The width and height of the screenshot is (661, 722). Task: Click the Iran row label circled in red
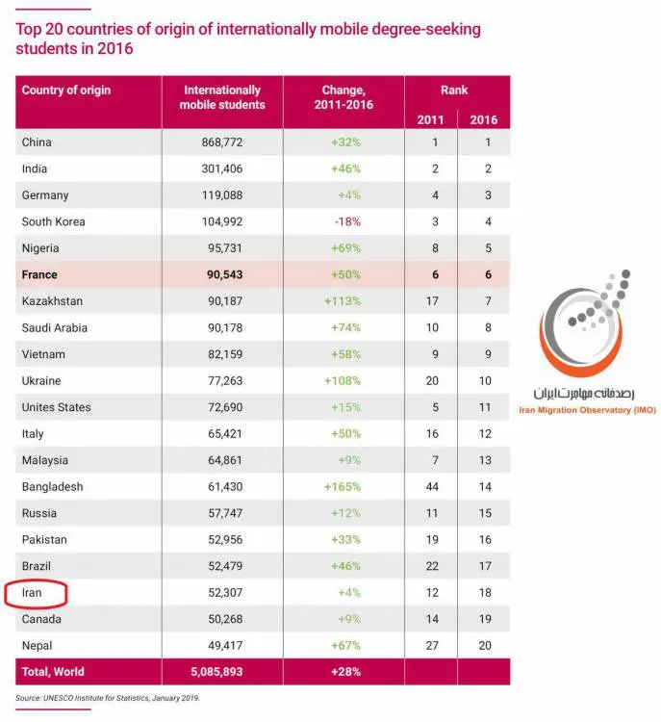point(32,593)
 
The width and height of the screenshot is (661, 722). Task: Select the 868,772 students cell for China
point(222,142)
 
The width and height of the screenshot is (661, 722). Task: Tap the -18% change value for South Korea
point(347,222)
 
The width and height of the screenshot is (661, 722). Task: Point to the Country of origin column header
point(66,90)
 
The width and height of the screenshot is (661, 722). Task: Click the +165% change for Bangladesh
point(343,487)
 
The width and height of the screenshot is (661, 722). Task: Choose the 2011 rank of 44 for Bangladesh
point(432,487)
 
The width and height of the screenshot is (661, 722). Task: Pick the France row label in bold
point(39,275)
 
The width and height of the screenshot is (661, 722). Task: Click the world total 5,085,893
point(216,672)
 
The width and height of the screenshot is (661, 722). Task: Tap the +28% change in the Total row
point(345,672)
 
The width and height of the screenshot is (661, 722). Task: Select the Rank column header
point(454,90)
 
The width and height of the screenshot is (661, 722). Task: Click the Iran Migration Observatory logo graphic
point(585,322)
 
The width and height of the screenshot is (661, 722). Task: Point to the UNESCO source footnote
point(108,698)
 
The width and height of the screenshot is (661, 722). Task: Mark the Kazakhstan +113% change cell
point(343,301)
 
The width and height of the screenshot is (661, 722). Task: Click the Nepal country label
point(37,646)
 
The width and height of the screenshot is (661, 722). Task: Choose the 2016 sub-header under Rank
point(484,120)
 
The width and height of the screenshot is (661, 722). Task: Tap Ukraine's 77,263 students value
point(225,381)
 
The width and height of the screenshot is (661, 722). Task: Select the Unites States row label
point(56,407)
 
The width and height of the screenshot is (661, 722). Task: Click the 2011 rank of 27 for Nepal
point(432,646)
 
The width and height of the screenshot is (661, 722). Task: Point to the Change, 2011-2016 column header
point(343,97)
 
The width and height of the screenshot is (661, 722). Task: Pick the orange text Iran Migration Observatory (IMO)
point(587,410)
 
